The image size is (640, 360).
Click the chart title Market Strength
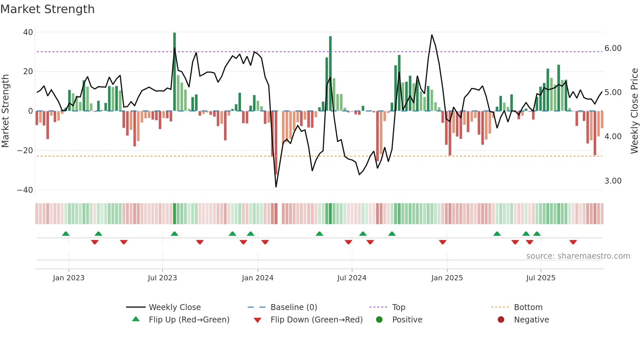(47, 9)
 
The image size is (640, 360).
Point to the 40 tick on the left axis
(28, 32)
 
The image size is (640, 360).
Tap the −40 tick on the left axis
(25, 190)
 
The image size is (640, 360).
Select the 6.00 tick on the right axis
(613, 48)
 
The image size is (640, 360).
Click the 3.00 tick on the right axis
(613, 181)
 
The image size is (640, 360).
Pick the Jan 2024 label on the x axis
(258, 278)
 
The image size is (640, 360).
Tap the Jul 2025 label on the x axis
(541, 278)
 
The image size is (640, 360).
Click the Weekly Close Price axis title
(634, 111)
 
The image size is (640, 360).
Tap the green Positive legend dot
(379, 320)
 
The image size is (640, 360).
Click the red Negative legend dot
(501, 320)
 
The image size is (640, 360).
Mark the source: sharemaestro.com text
(578, 256)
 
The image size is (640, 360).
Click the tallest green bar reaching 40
(174, 72)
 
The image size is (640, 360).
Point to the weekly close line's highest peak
(432, 35)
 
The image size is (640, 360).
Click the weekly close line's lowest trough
(276, 187)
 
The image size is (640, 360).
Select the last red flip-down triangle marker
(573, 242)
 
